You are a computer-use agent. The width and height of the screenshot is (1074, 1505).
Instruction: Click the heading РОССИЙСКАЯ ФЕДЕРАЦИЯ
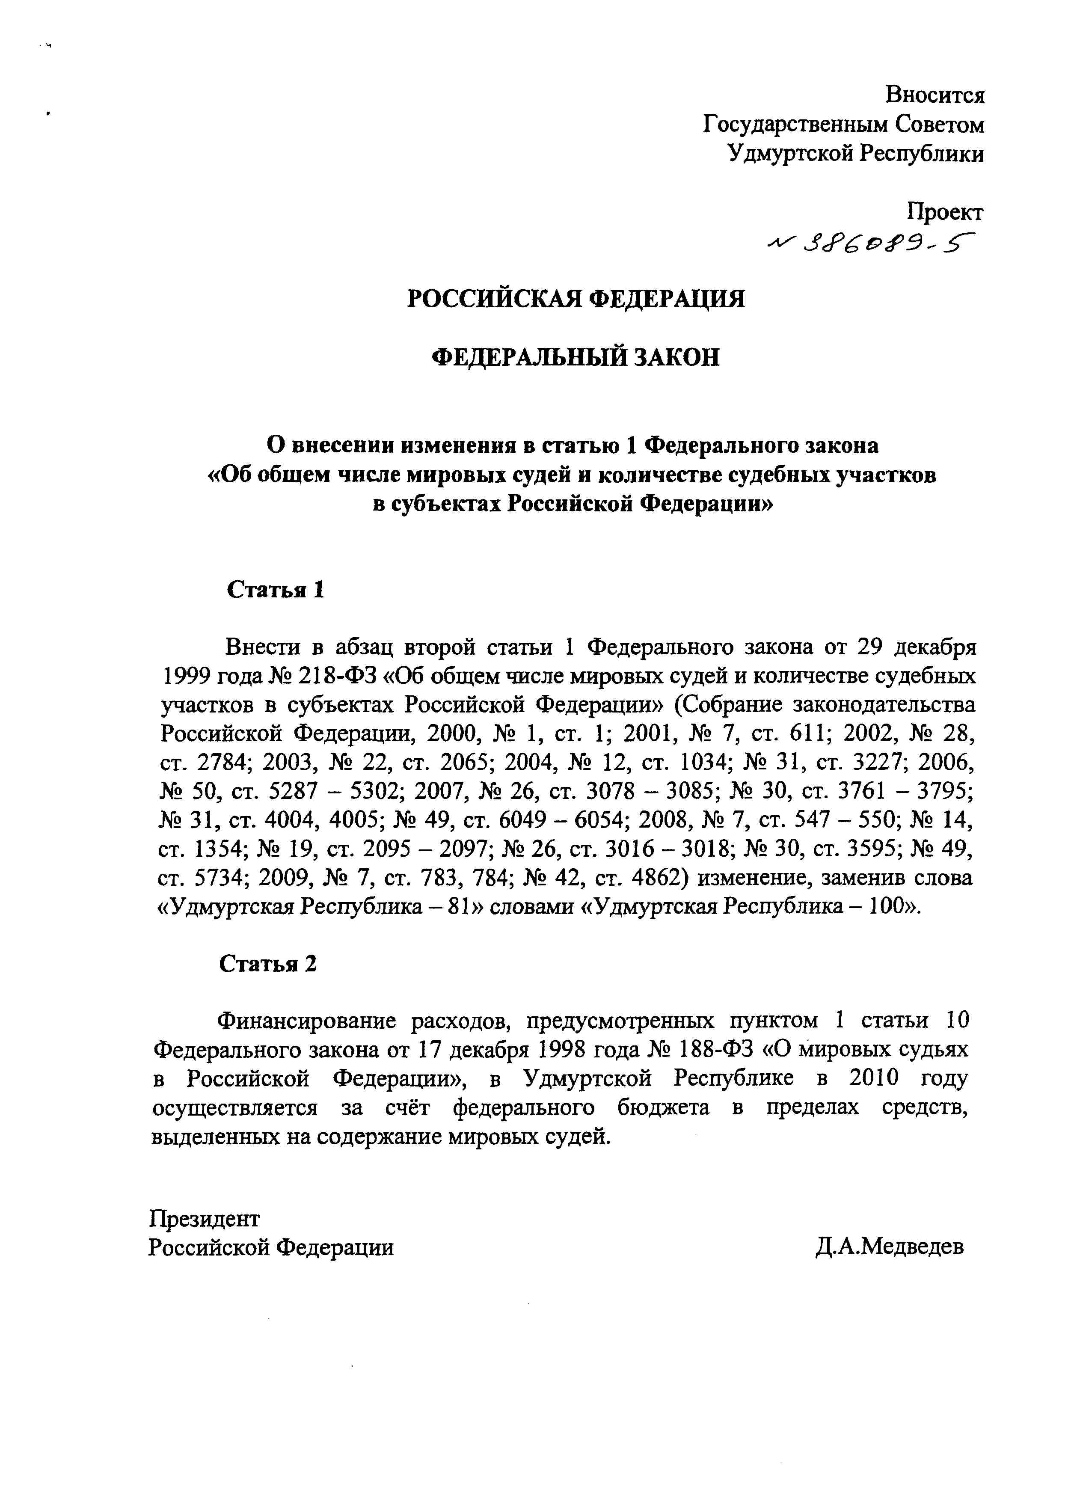(576, 299)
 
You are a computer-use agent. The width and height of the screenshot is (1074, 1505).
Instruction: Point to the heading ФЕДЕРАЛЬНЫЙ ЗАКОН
(576, 358)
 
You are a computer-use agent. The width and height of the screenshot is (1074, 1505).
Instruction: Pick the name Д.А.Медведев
(890, 1247)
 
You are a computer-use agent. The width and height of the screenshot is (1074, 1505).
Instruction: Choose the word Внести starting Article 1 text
(264, 647)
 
